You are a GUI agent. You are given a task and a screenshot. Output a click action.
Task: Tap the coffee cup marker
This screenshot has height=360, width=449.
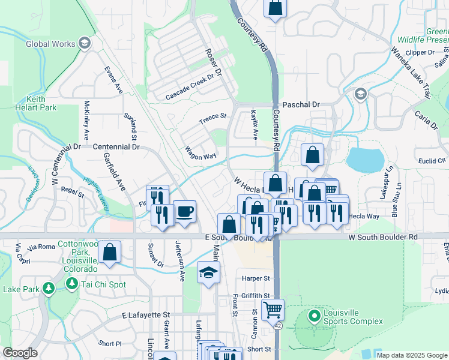(x=185, y=211)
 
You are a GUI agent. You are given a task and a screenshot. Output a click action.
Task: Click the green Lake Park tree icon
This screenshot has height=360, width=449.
(x=48, y=289)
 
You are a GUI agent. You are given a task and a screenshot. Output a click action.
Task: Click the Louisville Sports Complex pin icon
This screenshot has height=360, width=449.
(x=313, y=316)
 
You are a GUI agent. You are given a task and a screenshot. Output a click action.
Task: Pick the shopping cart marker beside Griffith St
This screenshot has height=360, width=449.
(x=273, y=310)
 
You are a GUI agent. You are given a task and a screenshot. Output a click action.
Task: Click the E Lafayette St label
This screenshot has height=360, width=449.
(x=146, y=314)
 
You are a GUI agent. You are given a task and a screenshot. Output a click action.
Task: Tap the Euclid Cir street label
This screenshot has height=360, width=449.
(x=433, y=161)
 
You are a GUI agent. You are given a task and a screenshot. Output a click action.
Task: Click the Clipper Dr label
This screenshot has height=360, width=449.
(x=420, y=53)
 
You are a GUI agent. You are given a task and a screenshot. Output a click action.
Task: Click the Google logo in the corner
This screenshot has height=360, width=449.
(x=20, y=353)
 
